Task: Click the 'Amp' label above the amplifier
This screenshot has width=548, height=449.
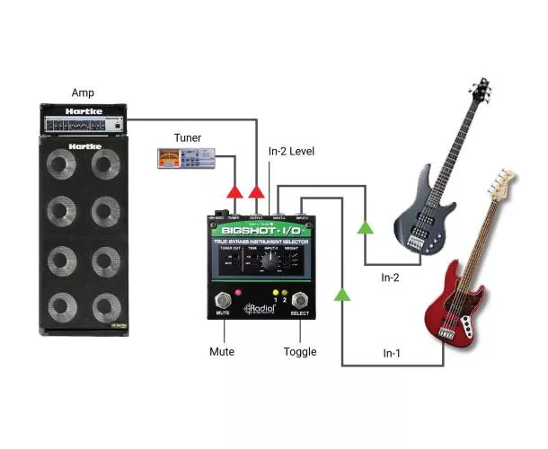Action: pyautogui.click(x=82, y=92)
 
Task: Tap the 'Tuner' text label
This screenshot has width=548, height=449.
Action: pyautogui.click(x=189, y=137)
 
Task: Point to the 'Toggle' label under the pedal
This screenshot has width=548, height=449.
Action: pyautogui.click(x=298, y=351)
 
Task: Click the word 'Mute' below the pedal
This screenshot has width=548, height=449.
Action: pyautogui.click(x=222, y=351)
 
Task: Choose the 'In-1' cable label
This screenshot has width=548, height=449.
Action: pyautogui.click(x=391, y=354)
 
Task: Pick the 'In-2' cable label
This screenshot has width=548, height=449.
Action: pyautogui.click(x=391, y=277)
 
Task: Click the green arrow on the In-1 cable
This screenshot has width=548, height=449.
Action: pyautogui.click(x=341, y=294)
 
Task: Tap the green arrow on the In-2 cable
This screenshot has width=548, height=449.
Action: pyautogui.click(x=365, y=228)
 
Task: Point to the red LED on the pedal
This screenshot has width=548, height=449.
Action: pyautogui.click(x=238, y=293)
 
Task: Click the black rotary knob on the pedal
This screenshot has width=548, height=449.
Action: pyautogui.click(x=267, y=260)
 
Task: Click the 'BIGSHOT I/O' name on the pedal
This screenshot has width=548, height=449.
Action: pyautogui.click(x=261, y=230)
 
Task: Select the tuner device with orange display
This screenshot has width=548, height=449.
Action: pyautogui.click(x=183, y=160)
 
